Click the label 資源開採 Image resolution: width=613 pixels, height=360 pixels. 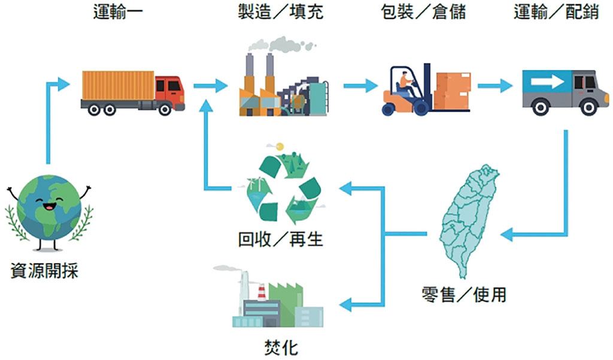coord(45,272)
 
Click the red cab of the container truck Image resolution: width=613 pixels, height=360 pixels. coord(169,91)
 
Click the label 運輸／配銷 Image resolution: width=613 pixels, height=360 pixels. coord(556,12)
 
